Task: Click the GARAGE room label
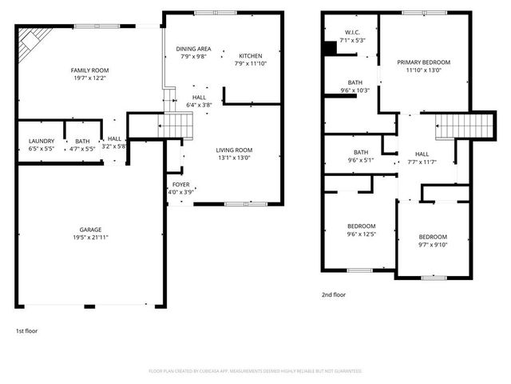(90, 230)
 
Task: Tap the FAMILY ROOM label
(90, 70)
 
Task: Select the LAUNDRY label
(41, 141)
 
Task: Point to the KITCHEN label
(251, 55)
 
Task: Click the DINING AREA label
(194, 49)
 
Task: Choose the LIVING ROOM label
(234, 150)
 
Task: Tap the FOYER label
(180, 184)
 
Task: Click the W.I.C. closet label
(351, 32)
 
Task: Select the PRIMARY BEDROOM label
(425, 62)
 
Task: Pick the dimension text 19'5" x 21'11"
(90, 238)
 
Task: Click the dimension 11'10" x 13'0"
(425, 70)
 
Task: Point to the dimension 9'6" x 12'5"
(360, 234)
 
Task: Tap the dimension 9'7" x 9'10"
(434, 245)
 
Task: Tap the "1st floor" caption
(26, 330)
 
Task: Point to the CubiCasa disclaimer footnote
(255, 371)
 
